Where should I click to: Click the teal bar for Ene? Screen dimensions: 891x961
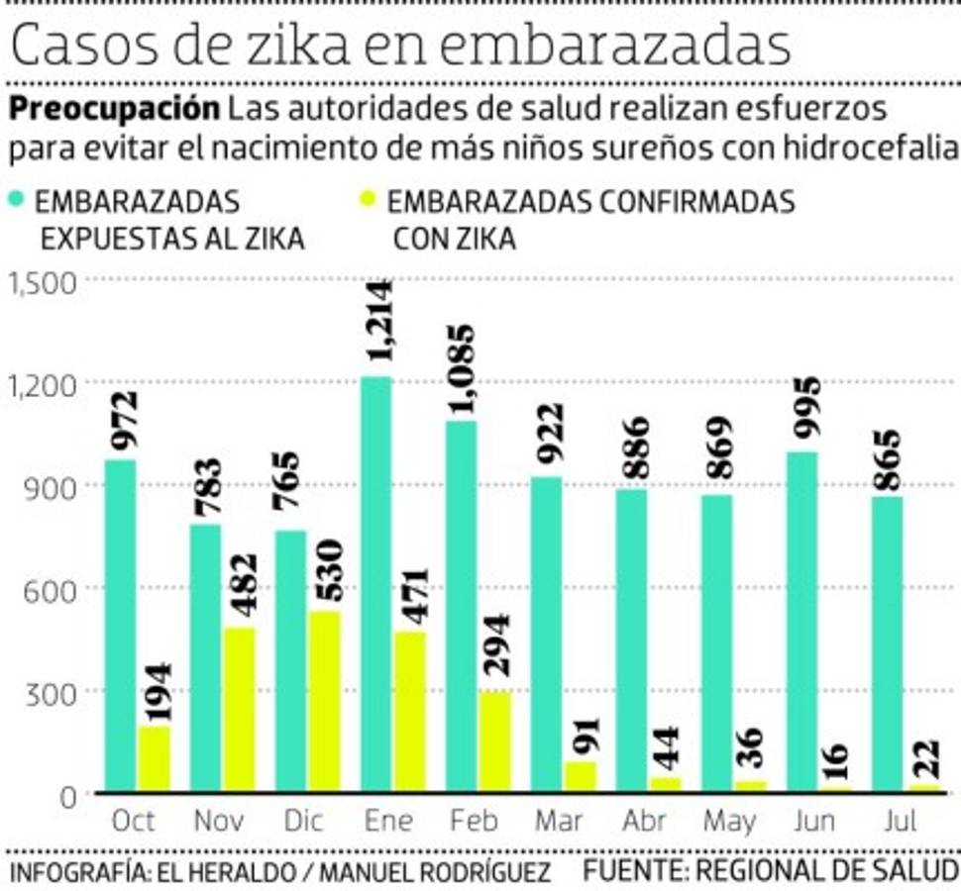[x=375, y=584]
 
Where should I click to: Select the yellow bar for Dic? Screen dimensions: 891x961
[x=323, y=701]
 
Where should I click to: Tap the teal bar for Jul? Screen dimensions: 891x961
[x=888, y=643]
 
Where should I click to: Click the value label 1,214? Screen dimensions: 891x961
[x=376, y=325]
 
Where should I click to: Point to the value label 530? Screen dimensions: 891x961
[x=325, y=569]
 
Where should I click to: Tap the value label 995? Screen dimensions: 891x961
[x=804, y=411]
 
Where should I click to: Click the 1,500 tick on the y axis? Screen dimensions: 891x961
[x=43, y=284]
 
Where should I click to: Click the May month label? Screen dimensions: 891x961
[x=729, y=822]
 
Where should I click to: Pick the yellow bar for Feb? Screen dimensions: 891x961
[x=495, y=742]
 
